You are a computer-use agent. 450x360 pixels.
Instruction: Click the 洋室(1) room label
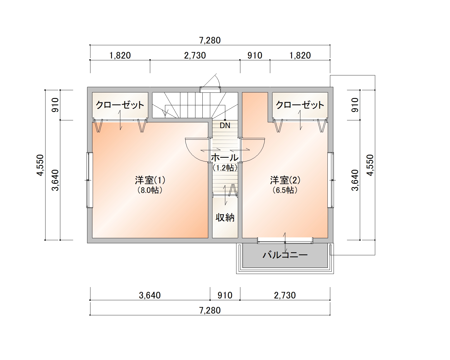click(x=150, y=180)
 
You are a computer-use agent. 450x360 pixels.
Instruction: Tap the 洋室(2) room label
click(x=285, y=180)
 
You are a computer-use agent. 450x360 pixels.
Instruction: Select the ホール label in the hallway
click(x=225, y=158)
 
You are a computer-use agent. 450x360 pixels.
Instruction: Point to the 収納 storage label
click(x=225, y=218)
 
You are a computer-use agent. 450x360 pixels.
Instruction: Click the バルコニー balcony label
click(x=285, y=255)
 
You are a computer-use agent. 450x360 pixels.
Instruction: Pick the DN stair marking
click(x=225, y=125)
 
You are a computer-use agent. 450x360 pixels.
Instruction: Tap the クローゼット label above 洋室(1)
click(x=120, y=105)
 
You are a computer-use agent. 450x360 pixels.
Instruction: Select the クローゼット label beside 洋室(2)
click(x=300, y=105)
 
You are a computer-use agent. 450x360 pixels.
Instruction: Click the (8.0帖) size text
click(x=150, y=190)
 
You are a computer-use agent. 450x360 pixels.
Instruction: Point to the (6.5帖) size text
click(x=285, y=190)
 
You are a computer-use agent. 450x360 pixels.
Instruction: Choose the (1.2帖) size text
click(x=225, y=168)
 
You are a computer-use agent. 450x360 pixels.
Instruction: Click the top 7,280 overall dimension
click(x=210, y=40)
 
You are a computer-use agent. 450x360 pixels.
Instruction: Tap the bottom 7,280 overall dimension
click(x=210, y=310)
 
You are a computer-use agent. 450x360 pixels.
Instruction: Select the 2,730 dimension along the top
click(x=195, y=55)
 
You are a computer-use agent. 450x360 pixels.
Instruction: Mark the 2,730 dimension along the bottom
click(x=285, y=295)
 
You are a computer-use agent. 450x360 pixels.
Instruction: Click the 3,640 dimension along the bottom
click(x=150, y=295)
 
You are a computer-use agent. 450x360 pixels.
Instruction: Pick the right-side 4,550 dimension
click(x=370, y=165)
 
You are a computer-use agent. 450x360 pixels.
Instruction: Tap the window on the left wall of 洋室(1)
click(x=90, y=180)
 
